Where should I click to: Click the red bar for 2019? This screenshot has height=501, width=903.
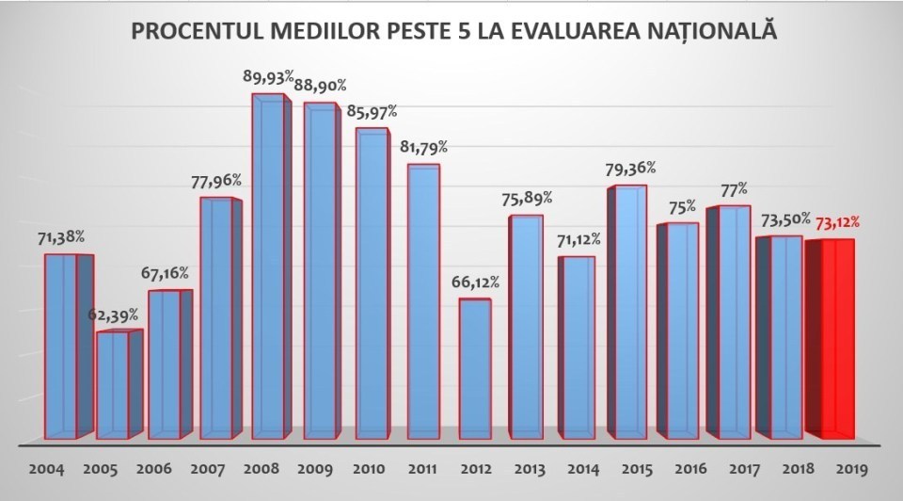831,339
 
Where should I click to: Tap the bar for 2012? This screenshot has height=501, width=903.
475,369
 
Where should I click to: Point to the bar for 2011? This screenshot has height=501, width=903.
423,301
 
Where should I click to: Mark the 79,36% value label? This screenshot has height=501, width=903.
631,169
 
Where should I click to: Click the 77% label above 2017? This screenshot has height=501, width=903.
728,189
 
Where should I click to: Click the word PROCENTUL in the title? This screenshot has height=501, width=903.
192,33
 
